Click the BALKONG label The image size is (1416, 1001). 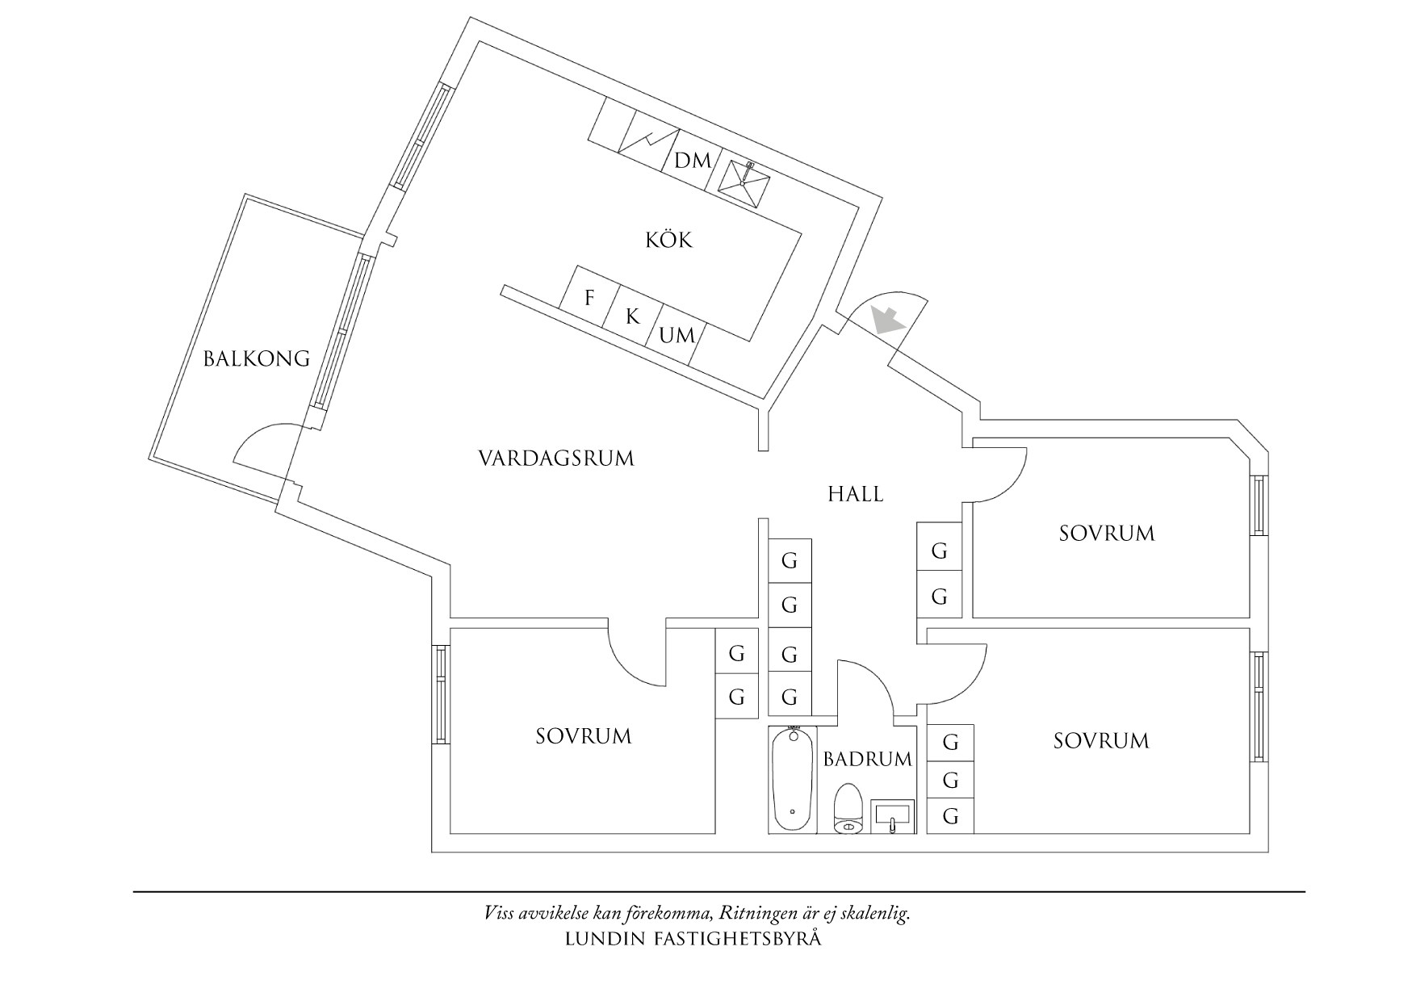[256, 358]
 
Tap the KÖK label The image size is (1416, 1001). [668, 240]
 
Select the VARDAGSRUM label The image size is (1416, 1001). [556, 459]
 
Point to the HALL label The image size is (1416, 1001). [856, 494]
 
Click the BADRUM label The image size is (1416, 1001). [868, 759]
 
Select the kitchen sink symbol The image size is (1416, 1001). [744, 182]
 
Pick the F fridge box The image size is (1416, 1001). [589, 298]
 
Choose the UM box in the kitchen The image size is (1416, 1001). [677, 336]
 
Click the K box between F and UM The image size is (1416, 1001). [633, 317]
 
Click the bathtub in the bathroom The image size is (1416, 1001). [792, 779]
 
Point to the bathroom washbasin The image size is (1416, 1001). [893, 815]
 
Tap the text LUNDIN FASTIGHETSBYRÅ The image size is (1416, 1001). [693, 939]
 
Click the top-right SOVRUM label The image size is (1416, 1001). [1107, 533]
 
